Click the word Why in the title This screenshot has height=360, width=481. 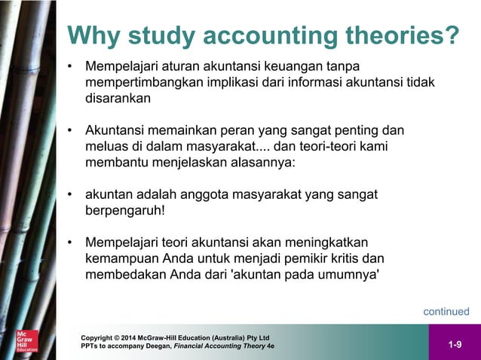click(x=92, y=35)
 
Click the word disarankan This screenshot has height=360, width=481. click(x=118, y=99)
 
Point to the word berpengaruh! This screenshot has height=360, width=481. click(x=124, y=211)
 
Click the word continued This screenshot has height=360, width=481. click(x=446, y=311)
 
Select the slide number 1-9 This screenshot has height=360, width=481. click(x=455, y=345)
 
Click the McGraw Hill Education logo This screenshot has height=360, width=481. click(x=28, y=342)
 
